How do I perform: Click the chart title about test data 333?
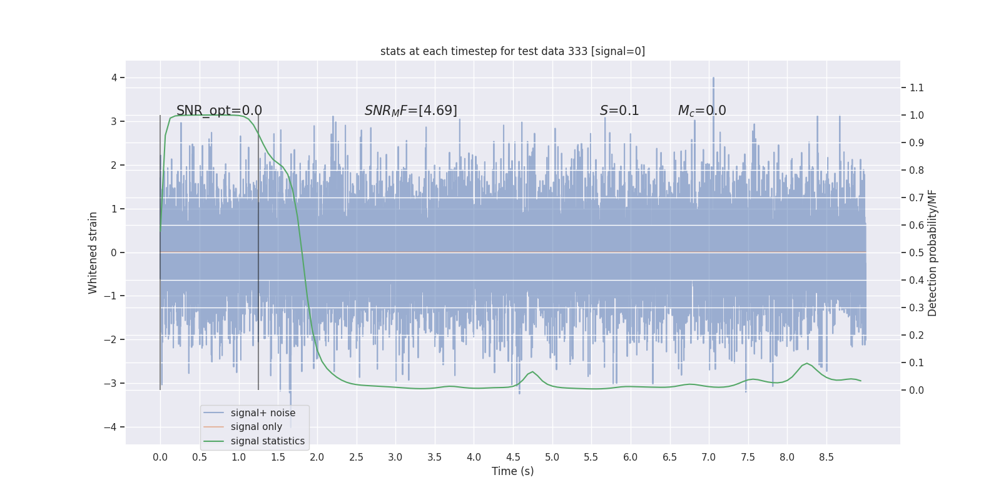[512, 51]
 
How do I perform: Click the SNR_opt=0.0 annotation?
[219, 111]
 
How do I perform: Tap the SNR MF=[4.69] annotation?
[410, 111]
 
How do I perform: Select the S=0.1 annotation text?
[619, 111]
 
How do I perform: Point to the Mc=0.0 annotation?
[702, 111]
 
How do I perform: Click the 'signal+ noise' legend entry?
[263, 413]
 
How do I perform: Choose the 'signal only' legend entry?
[256, 427]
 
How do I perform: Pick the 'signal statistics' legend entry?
[267, 441]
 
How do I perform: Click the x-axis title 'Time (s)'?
[512, 471]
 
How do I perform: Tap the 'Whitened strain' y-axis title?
[93, 252]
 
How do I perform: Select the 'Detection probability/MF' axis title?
[932, 252]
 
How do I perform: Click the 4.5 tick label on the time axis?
[513, 457]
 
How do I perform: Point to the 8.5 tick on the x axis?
[826, 457]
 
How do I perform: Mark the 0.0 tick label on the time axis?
[160, 457]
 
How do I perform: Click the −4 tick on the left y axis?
[113, 427]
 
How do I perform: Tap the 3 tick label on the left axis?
[114, 121]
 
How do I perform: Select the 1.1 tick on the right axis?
[917, 88]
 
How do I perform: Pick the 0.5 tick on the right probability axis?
[917, 252]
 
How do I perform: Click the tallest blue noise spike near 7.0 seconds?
[713, 79]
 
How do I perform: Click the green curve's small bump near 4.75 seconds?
[532, 372]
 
